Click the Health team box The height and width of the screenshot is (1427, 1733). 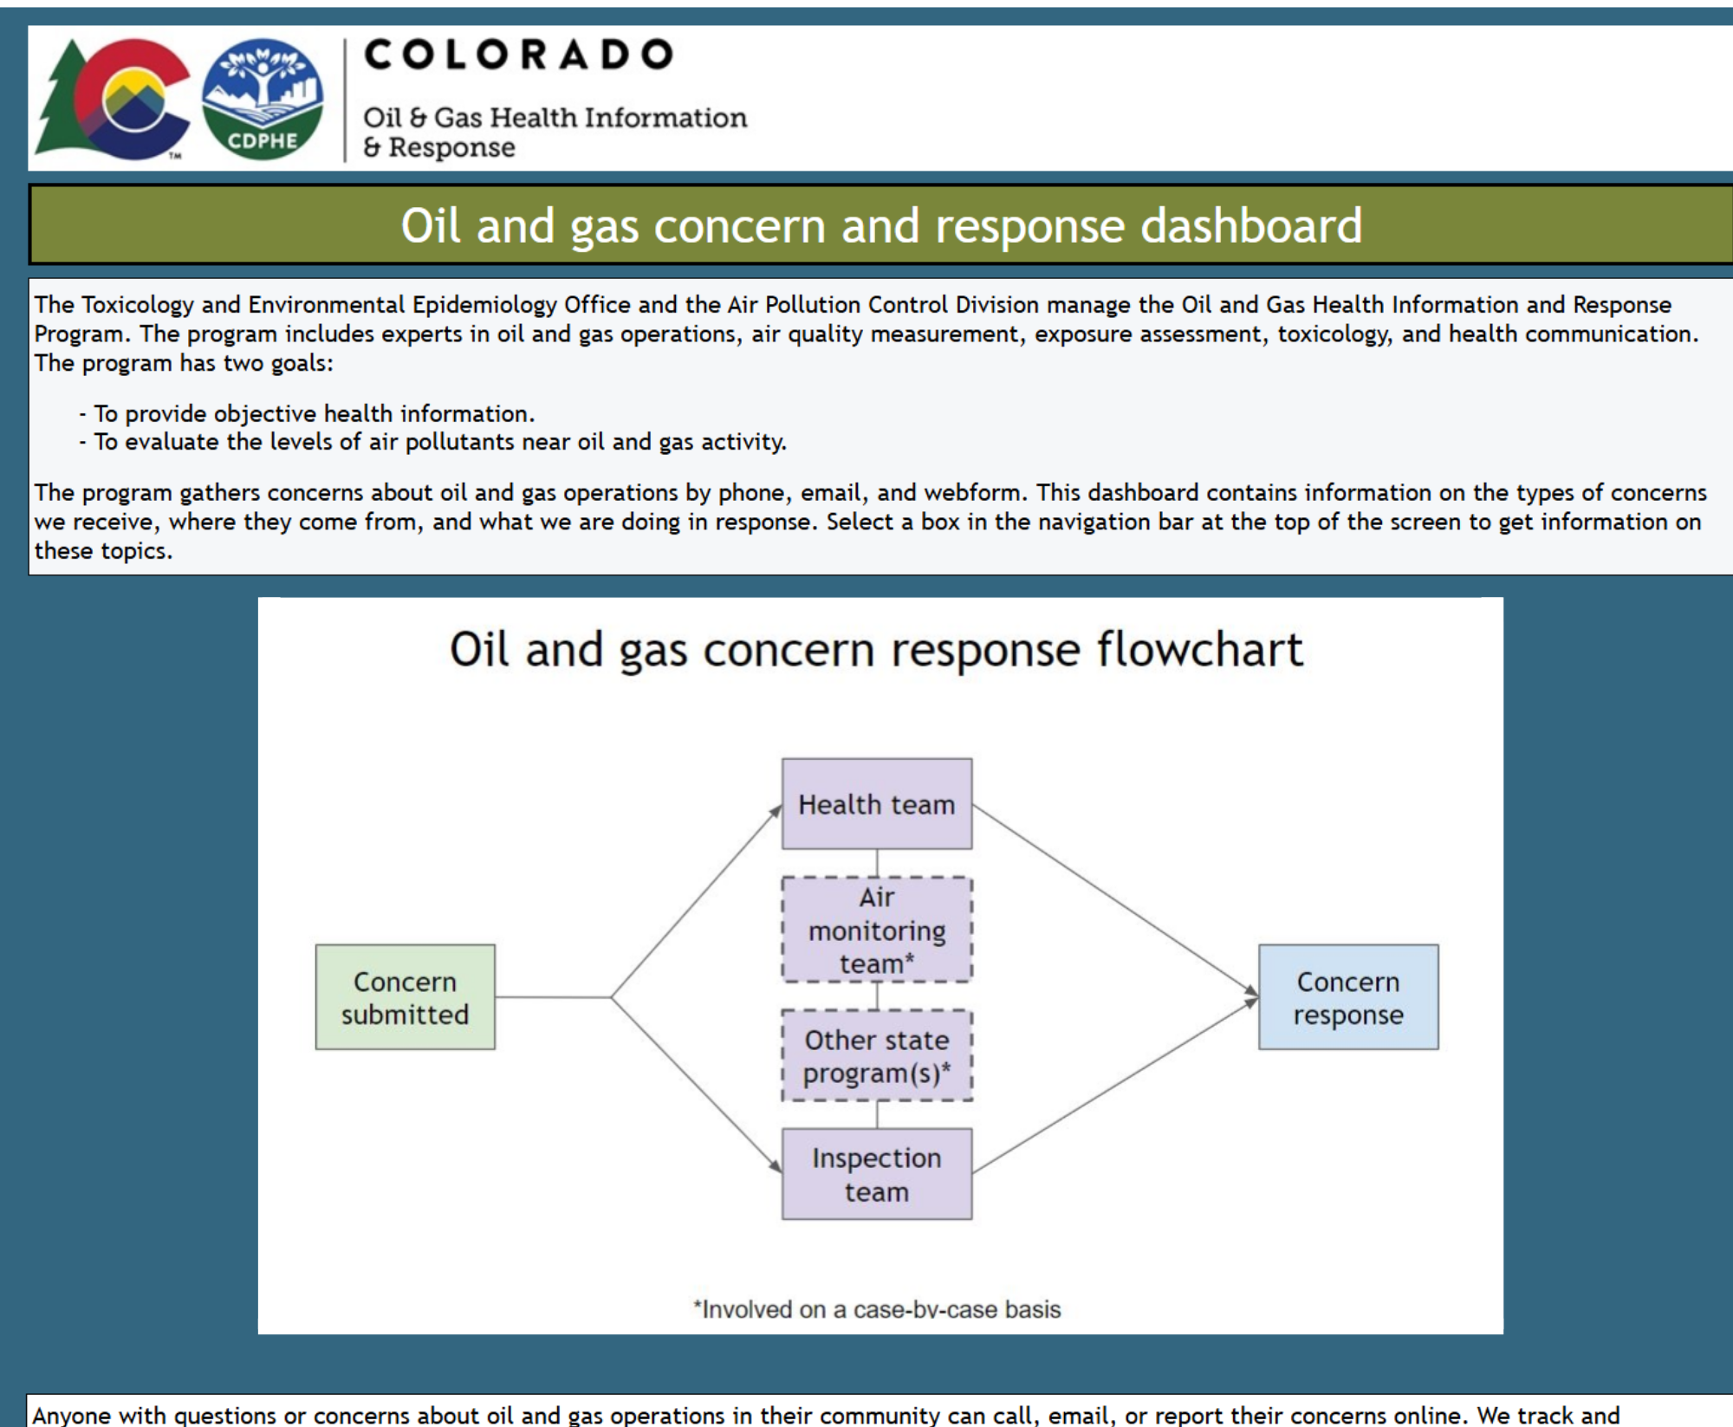(876, 804)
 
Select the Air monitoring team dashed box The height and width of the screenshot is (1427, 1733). (876, 930)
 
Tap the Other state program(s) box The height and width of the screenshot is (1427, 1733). (876, 1055)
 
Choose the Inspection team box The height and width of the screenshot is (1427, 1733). (876, 1174)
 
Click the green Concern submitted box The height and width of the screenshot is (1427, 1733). (405, 997)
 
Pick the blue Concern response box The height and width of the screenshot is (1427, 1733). (1347, 997)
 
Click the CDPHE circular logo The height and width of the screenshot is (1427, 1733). (263, 99)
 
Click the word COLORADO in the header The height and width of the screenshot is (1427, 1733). (518, 55)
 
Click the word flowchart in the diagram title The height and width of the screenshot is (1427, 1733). (1199, 650)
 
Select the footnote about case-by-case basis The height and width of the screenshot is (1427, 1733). (876, 1309)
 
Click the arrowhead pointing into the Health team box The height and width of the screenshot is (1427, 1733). (776, 811)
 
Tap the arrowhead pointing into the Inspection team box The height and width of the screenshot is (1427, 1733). (776, 1167)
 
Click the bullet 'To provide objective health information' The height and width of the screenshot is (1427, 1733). (313, 413)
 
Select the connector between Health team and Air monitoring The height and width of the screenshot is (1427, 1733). (876, 863)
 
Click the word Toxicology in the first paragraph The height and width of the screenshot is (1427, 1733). (137, 305)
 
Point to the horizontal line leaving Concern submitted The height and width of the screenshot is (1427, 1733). (553, 997)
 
